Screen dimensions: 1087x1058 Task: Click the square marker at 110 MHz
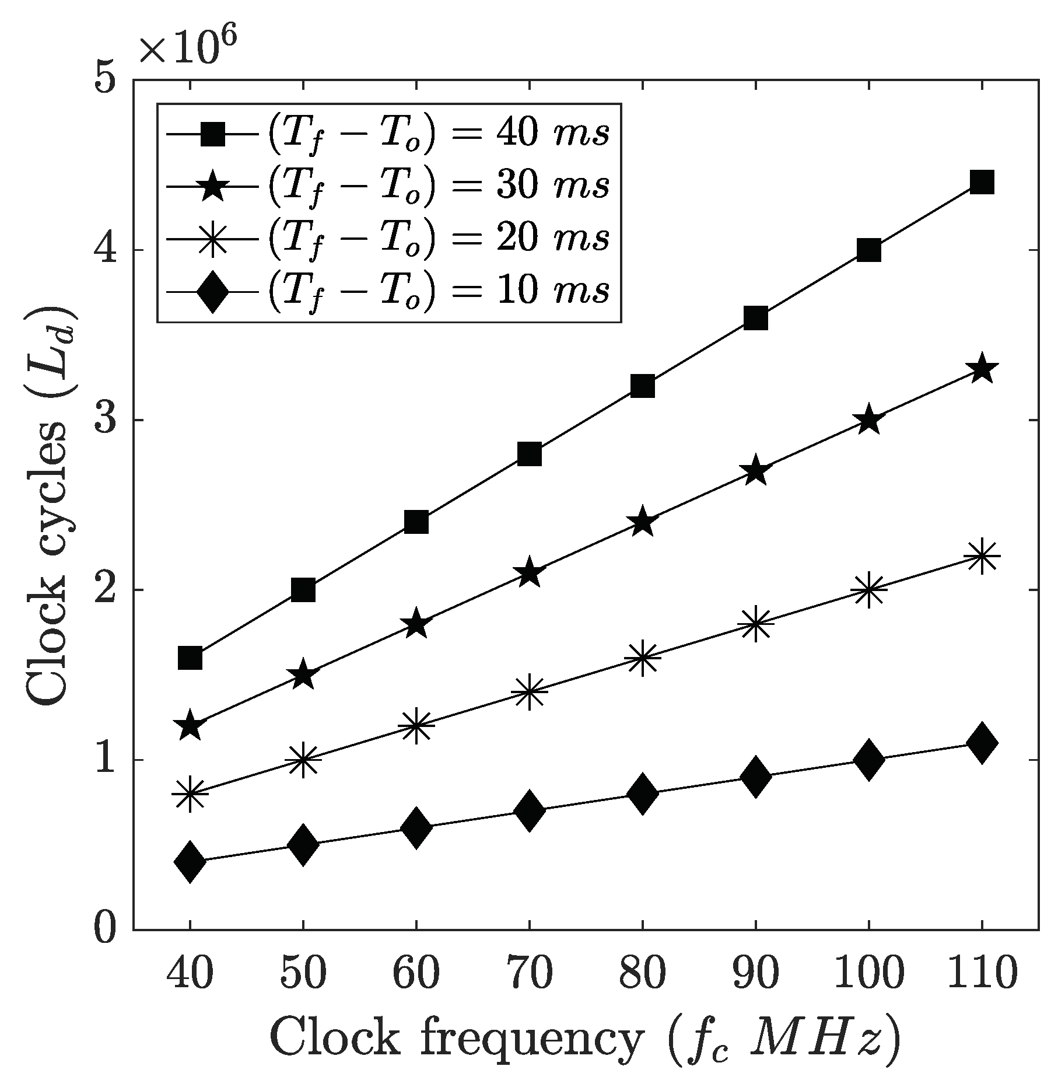[x=982, y=183]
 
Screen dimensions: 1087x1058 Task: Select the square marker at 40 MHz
[x=190, y=658]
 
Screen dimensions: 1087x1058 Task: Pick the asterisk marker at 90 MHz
[x=755, y=623]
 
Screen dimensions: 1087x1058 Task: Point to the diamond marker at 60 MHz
[x=416, y=827]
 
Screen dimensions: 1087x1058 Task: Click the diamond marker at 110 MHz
[x=982, y=742]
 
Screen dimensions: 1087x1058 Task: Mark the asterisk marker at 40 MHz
[x=190, y=793]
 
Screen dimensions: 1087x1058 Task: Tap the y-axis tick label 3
[x=107, y=420]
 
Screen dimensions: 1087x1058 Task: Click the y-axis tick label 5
[x=107, y=79]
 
